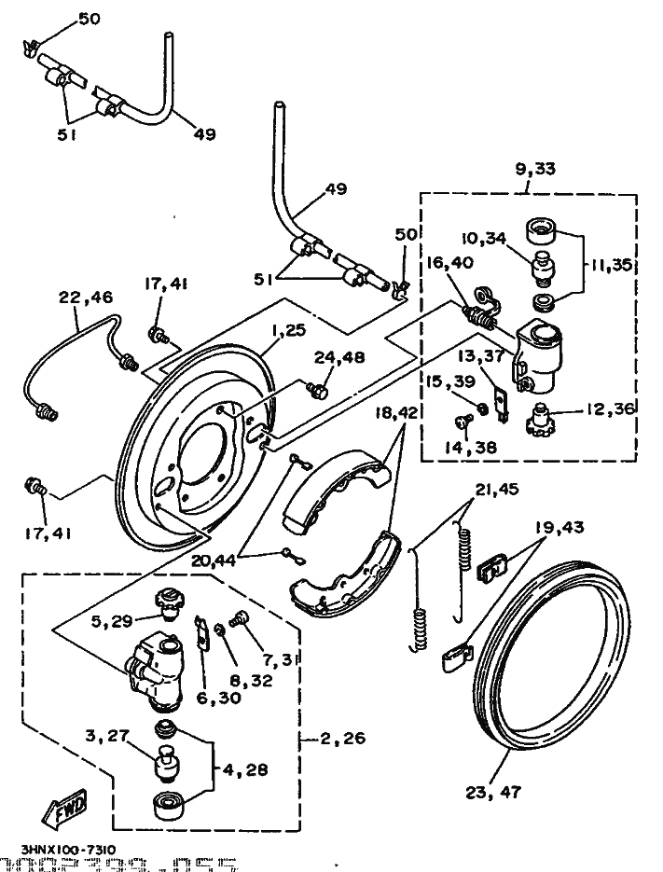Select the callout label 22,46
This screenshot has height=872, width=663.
tap(85, 298)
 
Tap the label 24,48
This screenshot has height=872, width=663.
tap(340, 356)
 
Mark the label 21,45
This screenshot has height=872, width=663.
tap(495, 489)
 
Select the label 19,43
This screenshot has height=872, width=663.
tap(561, 527)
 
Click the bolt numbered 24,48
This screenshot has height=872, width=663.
tap(318, 388)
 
